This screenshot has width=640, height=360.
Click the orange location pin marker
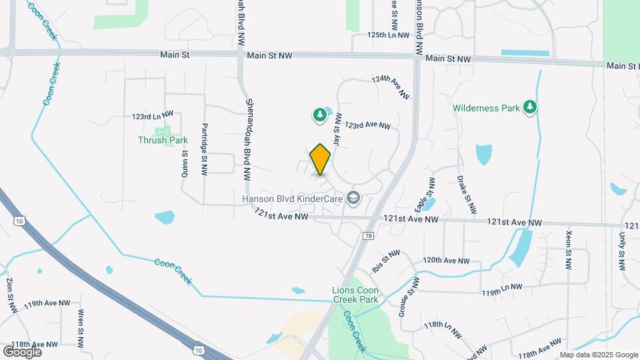click(321, 159)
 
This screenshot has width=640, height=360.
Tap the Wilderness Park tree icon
click(530, 107)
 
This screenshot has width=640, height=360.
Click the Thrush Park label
click(163, 140)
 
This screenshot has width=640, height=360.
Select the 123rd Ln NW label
click(152, 116)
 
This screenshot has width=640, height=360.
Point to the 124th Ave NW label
click(391, 87)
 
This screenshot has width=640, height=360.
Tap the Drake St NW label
click(465, 194)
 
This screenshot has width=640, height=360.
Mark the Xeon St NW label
click(568, 250)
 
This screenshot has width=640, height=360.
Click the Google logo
click(22, 351)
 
